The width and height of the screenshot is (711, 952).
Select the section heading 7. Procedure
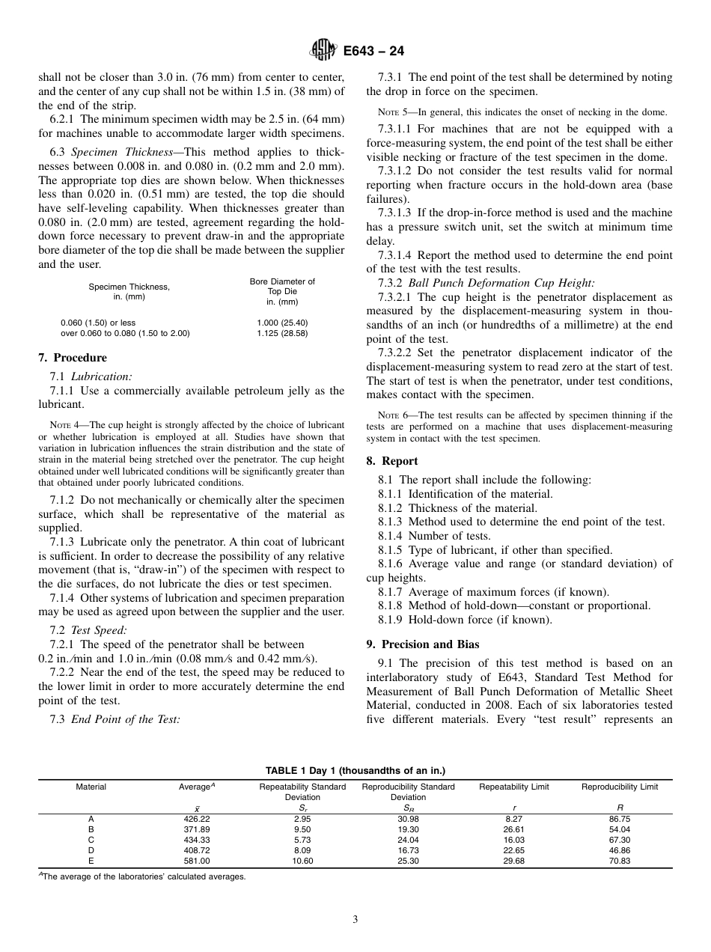coord(73,358)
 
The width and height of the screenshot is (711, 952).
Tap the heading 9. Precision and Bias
coord(423,644)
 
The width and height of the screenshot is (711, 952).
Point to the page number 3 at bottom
coord(355,920)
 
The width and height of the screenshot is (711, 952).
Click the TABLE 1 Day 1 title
coord(355,770)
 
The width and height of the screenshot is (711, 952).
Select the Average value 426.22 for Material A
coord(197,819)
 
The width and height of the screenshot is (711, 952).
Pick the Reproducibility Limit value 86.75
coord(620,819)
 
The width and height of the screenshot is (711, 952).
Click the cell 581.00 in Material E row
coord(197,861)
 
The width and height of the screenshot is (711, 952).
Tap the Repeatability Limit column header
coord(513,787)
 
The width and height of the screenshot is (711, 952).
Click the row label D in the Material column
coord(91,850)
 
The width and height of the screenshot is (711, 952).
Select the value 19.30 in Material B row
coord(408,829)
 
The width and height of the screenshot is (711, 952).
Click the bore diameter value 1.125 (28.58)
coord(282,333)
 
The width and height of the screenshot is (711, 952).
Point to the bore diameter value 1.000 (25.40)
coord(282,323)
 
